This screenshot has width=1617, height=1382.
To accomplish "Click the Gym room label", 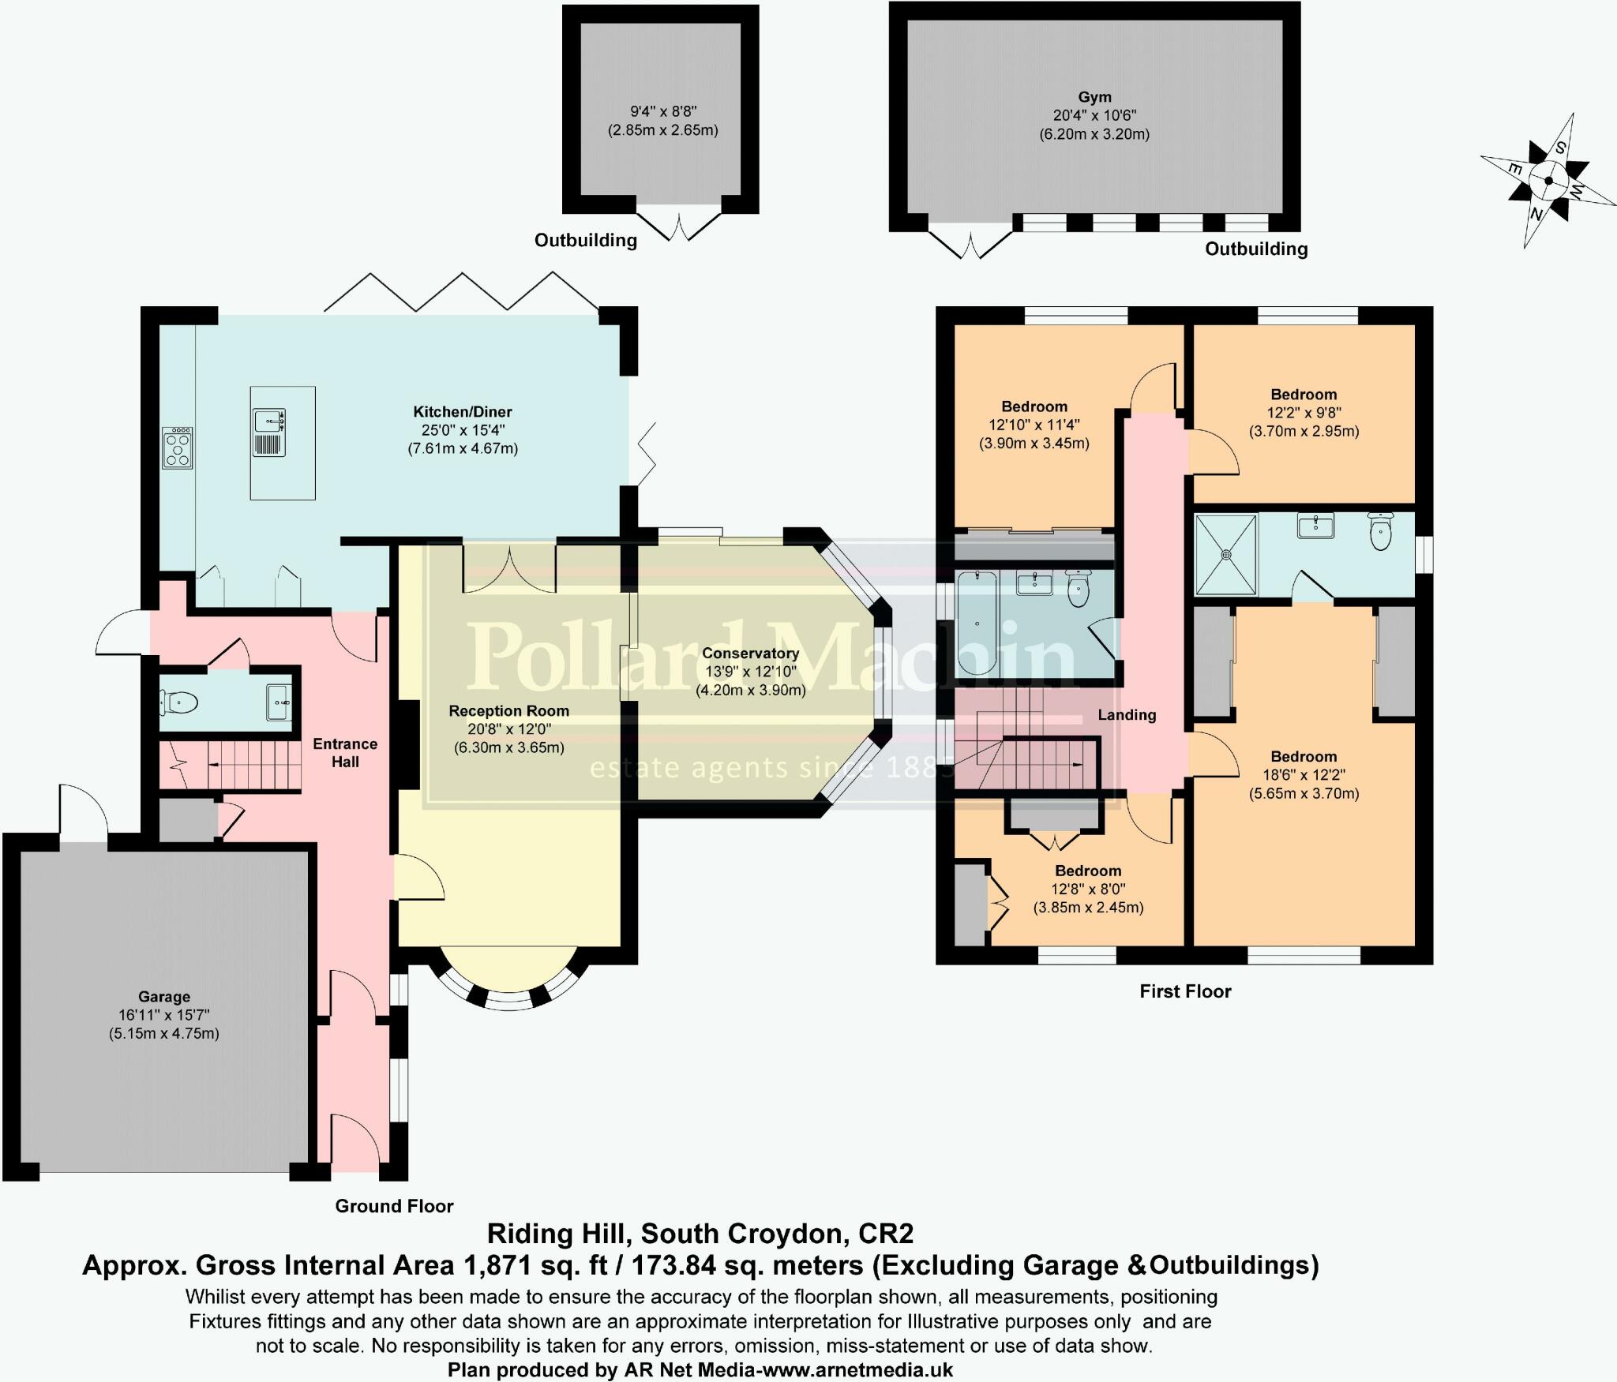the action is [x=1094, y=97].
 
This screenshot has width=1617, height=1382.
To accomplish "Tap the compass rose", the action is [x=1548, y=181].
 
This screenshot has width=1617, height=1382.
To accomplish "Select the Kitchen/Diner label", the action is [x=463, y=411].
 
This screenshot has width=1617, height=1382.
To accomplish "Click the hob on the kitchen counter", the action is [x=178, y=448].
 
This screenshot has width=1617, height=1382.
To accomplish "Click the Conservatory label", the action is [x=750, y=653].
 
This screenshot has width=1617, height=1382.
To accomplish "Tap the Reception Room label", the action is [x=508, y=710].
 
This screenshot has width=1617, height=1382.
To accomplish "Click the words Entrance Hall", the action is [x=345, y=752].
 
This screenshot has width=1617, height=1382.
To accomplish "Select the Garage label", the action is [x=164, y=996].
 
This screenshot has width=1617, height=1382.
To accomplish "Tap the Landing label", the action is [x=1127, y=714].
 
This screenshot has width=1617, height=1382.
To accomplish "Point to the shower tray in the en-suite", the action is [x=1226, y=554].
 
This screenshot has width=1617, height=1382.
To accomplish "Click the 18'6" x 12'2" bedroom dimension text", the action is [x=1304, y=775].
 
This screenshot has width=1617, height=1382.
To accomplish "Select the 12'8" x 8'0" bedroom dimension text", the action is [x=1088, y=889].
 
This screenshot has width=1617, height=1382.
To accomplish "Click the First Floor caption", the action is [x=1185, y=991].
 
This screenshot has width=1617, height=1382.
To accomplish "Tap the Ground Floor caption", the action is [x=394, y=1206].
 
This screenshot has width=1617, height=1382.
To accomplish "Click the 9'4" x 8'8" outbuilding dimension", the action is [x=662, y=112].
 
